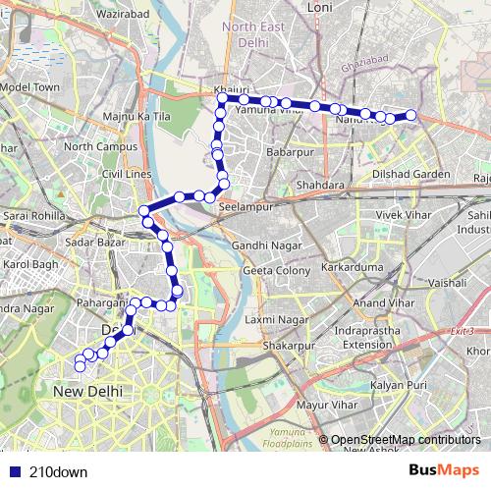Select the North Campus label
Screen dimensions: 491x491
click(93, 146)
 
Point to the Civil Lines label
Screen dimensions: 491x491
click(127, 174)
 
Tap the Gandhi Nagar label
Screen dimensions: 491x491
click(263, 245)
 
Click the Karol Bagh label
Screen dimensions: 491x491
click(30, 265)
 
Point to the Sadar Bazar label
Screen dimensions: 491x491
click(89, 242)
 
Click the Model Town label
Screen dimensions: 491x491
click(29, 87)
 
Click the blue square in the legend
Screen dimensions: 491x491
click(12, 471)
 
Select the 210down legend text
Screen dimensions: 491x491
click(58, 471)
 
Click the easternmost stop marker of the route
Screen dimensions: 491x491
click(411, 116)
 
